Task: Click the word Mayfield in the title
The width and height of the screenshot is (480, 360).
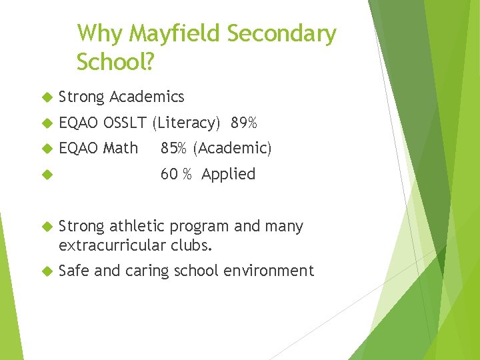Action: pos(175,33)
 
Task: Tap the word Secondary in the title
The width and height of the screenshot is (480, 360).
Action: pos(282,33)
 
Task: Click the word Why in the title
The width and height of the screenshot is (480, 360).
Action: pos(100,33)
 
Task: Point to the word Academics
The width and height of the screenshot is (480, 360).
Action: pos(147,97)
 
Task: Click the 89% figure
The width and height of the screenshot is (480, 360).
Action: pos(244,123)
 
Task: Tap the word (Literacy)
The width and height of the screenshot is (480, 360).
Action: pos(186,123)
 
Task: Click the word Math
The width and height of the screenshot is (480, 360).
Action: pos(121,148)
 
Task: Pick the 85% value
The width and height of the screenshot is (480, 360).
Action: pos(173,148)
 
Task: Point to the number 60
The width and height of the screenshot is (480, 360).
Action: pos(169,174)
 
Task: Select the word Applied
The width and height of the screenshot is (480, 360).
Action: pos(229,174)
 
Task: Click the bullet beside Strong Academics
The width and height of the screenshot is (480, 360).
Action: pos(46,97)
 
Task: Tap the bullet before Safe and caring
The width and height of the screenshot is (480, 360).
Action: pos(46,271)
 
